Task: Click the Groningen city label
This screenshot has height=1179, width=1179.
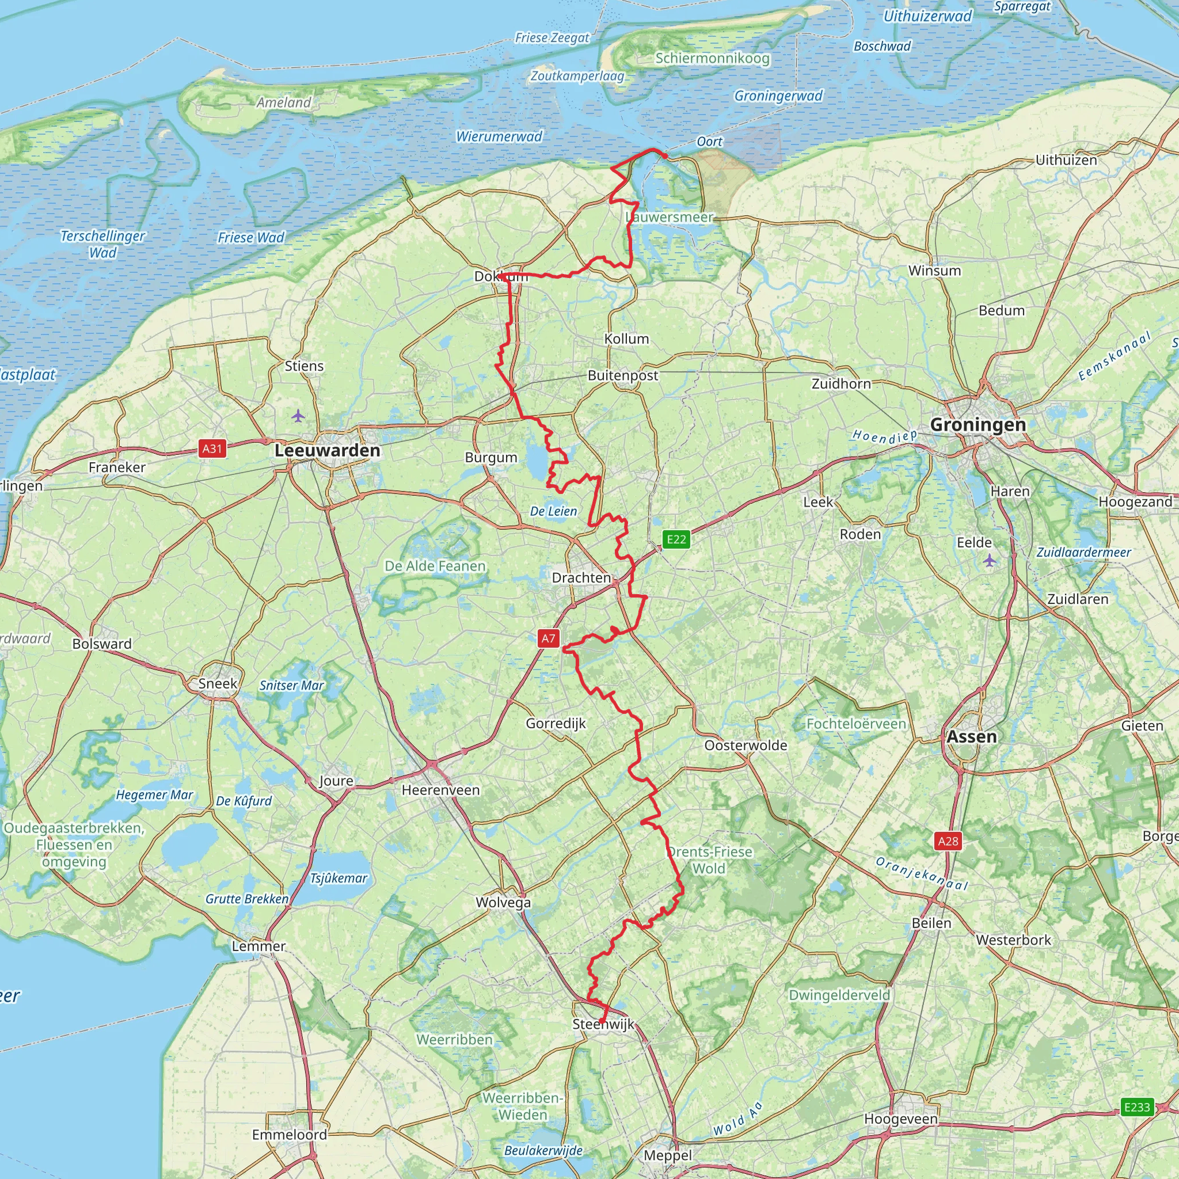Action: [978, 425]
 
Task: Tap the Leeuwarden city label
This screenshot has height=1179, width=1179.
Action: [328, 450]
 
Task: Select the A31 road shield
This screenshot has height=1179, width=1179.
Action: [212, 448]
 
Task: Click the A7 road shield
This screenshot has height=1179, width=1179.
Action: [549, 638]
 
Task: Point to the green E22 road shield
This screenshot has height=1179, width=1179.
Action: [676, 539]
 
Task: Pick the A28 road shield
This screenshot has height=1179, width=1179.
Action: [948, 841]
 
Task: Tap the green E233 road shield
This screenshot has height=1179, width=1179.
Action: [1137, 1107]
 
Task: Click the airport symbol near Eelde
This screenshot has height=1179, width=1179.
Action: [989, 560]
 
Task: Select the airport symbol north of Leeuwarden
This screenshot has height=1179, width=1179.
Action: [298, 416]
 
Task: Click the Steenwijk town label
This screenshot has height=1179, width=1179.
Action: [603, 1024]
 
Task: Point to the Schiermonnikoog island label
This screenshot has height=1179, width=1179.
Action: [712, 58]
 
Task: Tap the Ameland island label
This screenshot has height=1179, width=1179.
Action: [284, 102]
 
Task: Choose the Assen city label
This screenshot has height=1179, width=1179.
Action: [972, 736]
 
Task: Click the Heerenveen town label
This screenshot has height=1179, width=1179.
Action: [440, 790]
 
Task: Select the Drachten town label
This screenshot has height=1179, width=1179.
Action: [581, 577]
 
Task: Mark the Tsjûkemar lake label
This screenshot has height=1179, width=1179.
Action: [339, 878]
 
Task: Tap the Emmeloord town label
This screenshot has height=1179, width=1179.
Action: [289, 1135]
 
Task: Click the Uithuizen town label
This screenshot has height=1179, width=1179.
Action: [1066, 160]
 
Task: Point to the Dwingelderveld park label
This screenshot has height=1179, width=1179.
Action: [839, 995]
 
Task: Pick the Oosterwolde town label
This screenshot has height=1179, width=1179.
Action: [746, 745]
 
